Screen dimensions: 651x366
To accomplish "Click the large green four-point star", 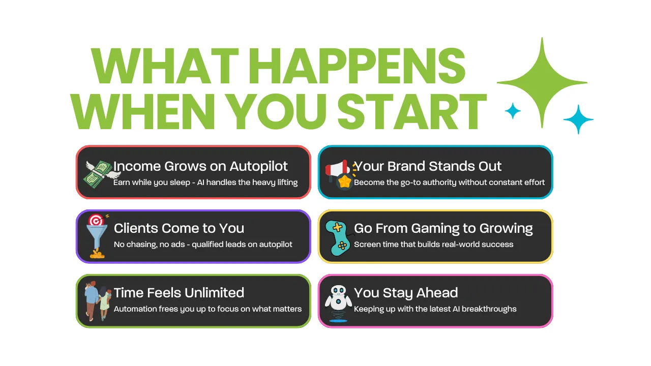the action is tap(542, 82).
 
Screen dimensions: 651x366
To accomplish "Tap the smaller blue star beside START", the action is tap(513, 111).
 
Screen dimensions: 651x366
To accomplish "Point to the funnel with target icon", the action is tap(97, 236).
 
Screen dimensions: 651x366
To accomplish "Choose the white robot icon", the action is tap(338, 303).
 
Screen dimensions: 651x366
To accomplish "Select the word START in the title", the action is tap(412, 111).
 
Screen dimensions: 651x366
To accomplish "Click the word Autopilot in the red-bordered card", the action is tap(259, 167).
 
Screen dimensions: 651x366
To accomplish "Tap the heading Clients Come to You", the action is tap(179, 228).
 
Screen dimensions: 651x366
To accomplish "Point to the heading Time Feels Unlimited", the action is tap(179, 293).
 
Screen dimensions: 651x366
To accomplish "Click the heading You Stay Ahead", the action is tap(406, 293).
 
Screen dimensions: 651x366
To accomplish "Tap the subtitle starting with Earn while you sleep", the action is tap(205, 182).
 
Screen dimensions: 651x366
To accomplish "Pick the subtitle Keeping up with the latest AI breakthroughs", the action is tap(435, 309).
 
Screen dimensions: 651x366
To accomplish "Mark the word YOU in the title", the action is tap(279, 111).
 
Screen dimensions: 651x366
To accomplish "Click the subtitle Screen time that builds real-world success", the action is tap(434, 245).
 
